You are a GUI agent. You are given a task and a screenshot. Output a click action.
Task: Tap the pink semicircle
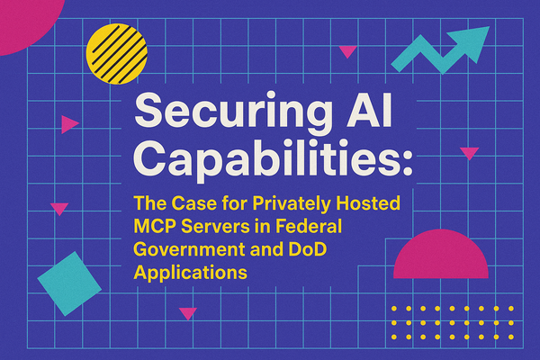[x=441, y=257]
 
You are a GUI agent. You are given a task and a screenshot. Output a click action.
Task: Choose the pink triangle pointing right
[x=68, y=124]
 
